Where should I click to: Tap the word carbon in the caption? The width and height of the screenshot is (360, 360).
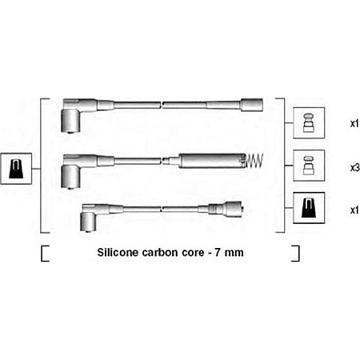pos(160,252)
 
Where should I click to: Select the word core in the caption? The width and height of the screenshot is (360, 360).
pos(193,253)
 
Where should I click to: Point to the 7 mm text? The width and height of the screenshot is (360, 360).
pos(229,253)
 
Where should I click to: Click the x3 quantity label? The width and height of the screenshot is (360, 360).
pos(355,168)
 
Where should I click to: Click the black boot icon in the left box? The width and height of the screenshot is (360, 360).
pos(16,169)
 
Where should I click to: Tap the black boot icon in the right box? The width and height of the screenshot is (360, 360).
pos(309,208)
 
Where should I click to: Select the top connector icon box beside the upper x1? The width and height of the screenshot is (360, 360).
pos(309,123)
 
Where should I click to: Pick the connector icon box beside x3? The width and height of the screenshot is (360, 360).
pos(309,166)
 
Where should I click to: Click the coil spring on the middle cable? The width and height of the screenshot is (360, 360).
pos(254,161)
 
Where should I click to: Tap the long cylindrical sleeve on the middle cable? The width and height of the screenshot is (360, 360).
pos(212,161)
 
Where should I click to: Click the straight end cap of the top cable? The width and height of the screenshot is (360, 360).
pos(251,105)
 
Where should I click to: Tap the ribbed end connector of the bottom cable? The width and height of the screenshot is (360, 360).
pos(226,208)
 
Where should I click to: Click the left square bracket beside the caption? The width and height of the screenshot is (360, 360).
pos(45,254)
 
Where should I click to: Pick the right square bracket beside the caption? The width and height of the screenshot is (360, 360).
pos(295,254)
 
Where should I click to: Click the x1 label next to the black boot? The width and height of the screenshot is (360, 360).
pos(354,210)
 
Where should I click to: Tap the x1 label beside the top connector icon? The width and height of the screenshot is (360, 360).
pos(354,124)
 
